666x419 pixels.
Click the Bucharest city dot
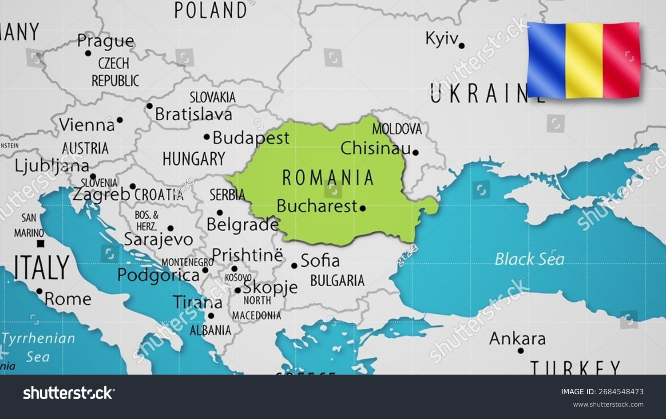pyautogui.click(x=363, y=208)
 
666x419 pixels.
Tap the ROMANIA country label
pyautogui.click(x=328, y=178)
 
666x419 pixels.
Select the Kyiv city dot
pyautogui.click(x=462, y=46)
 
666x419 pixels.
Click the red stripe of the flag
pyautogui.click(x=622, y=60)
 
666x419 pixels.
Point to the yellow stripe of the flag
pyautogui.click(x=584, y=60)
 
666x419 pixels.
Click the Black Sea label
pyautogui.click(x=529, y=259)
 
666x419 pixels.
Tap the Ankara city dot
pyautogui.click(x=521, y=351)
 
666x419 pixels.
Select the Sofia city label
pyautogui.click(x=320, y=261)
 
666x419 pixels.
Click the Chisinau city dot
pyautogui.click(x=416, y=153)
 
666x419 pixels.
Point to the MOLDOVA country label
pyautogui.click(x=396, y=129)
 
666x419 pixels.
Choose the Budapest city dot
pyautogui.click(x=206, y=137)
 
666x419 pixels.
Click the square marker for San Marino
pyautogui.click(x=41, y=243)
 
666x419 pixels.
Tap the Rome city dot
pyautogui.click(x=40, y=292)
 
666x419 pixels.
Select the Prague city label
pyautogui.click(x=105, y=41)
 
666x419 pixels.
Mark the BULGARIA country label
pyautogui.click(x=337, y=281)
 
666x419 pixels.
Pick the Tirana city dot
pyautogui.click(x=211, y=316)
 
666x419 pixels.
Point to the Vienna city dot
pyautogui.click(x=120, y=120)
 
